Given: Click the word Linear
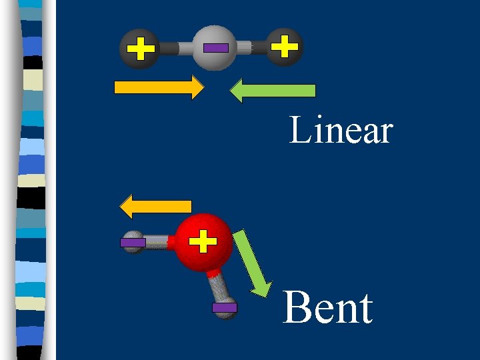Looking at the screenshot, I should (x=341, y=131).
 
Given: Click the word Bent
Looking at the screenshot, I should (x=327, y=308).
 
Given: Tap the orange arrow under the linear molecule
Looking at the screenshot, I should (x=159, y=87).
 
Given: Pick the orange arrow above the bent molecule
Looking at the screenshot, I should (x=155, y=206).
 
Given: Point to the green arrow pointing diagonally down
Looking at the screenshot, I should (x=253, y=263).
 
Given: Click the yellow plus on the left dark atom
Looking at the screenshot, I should (x=140, y=48).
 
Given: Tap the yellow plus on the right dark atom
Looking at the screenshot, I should (x=285, y=47).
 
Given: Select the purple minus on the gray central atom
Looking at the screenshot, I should (x=215, y=47).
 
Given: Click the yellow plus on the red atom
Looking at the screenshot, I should (x=203, y=241).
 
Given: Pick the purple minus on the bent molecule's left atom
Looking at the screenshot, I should (x=132, y=243).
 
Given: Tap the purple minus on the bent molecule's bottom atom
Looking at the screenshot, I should (x=224, y=308).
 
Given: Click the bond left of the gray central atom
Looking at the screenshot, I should (x=177, y=48).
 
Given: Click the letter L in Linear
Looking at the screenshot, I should (x=299, y=131).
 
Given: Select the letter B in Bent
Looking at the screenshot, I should (x=296, y=308).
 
